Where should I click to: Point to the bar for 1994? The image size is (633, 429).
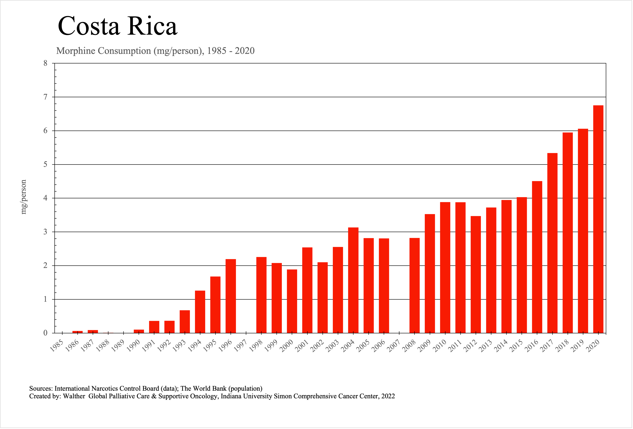(200, 312)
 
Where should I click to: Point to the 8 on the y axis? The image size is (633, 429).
(45, 63)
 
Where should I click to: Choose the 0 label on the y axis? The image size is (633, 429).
(45, 333)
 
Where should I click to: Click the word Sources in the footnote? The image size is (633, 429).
(41, 388)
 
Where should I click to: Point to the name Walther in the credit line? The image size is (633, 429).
(74, 396)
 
